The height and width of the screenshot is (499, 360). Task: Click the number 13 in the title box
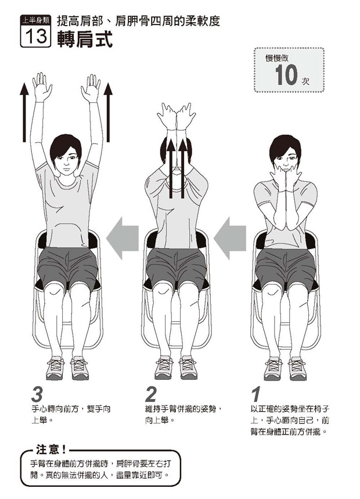pos(35,36)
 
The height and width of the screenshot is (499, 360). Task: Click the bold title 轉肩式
pos(85,40)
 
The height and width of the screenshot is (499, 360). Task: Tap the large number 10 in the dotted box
pos(286,76)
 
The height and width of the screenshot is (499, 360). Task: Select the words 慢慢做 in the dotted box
pos(277,58)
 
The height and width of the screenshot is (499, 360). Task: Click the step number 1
pos(255,394)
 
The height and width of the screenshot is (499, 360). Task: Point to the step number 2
pos(151,394)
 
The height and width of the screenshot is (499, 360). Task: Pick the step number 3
pos(37,394)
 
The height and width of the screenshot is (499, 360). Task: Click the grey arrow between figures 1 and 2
pos(229,238)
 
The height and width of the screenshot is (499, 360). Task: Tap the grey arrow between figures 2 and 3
pos(122,238)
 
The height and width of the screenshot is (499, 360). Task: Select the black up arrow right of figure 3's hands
pos(108,112)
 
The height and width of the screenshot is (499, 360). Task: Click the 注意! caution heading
pos(51,450)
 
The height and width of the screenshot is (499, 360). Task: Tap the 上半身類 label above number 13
pos(35,21)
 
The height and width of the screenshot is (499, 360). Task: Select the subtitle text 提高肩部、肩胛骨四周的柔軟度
pos(138,21)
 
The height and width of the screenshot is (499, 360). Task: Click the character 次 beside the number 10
pos(305,81)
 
